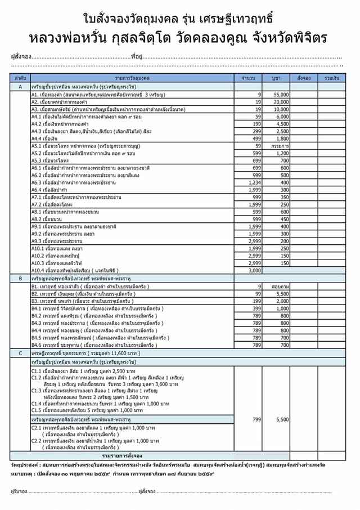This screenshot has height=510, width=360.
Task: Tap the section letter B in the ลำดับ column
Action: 20,278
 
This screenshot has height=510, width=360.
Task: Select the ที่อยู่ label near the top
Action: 136,57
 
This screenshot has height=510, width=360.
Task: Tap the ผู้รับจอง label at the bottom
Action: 20,491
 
